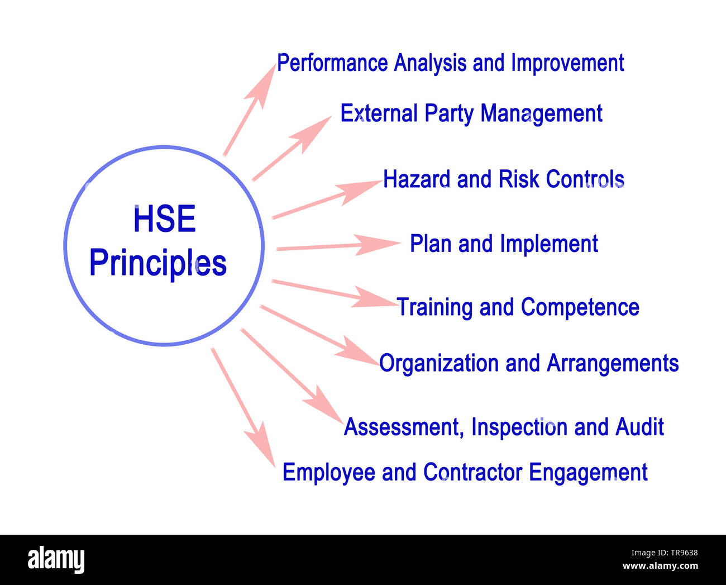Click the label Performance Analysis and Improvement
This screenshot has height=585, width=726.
click(450, 63)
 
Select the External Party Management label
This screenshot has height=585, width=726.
click(471, 113)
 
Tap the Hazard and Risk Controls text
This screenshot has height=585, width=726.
click(503, 179)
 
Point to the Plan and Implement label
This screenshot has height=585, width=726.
click(504, 244)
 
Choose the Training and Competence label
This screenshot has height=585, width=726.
click(518, 307)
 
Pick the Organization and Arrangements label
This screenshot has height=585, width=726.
click(528, 363)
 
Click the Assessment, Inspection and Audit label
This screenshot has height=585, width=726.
click(504, 427)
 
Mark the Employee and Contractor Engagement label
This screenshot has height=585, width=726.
click(465, 472)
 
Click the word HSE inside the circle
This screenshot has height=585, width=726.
click(164, 219)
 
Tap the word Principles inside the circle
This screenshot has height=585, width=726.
click(158, 263)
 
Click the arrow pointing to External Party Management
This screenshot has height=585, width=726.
click(292, 148)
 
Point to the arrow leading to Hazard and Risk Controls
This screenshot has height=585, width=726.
click(326, 199)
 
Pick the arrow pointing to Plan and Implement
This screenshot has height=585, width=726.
click(338, 246)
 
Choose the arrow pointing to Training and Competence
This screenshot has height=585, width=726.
click(333, 293)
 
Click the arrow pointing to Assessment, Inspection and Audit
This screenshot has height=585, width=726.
click(291, 375)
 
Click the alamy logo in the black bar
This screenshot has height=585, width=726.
click(56, 559)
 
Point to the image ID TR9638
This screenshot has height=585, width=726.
click(679, 553)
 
